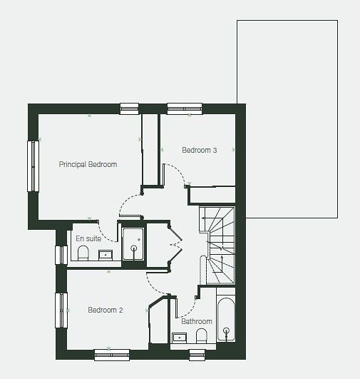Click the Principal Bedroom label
point(88,164)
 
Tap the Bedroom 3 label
point(200,150)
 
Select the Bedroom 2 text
point(106,310)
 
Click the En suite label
point(88,238)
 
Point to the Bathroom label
point(197,321)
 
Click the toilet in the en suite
point(83,253)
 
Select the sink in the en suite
point(106,255)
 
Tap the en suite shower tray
point(133,244)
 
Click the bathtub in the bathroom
point(226,320)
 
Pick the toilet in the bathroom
point(202,335)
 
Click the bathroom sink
point(180,338)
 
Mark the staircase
point(217,246)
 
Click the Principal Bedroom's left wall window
point(33,166)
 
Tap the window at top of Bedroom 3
point(185,108)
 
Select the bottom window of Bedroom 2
point(112,355)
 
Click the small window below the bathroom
point(197,355)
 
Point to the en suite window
point(61,255)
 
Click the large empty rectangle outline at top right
point(287,20)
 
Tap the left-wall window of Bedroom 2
point(61,310)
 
